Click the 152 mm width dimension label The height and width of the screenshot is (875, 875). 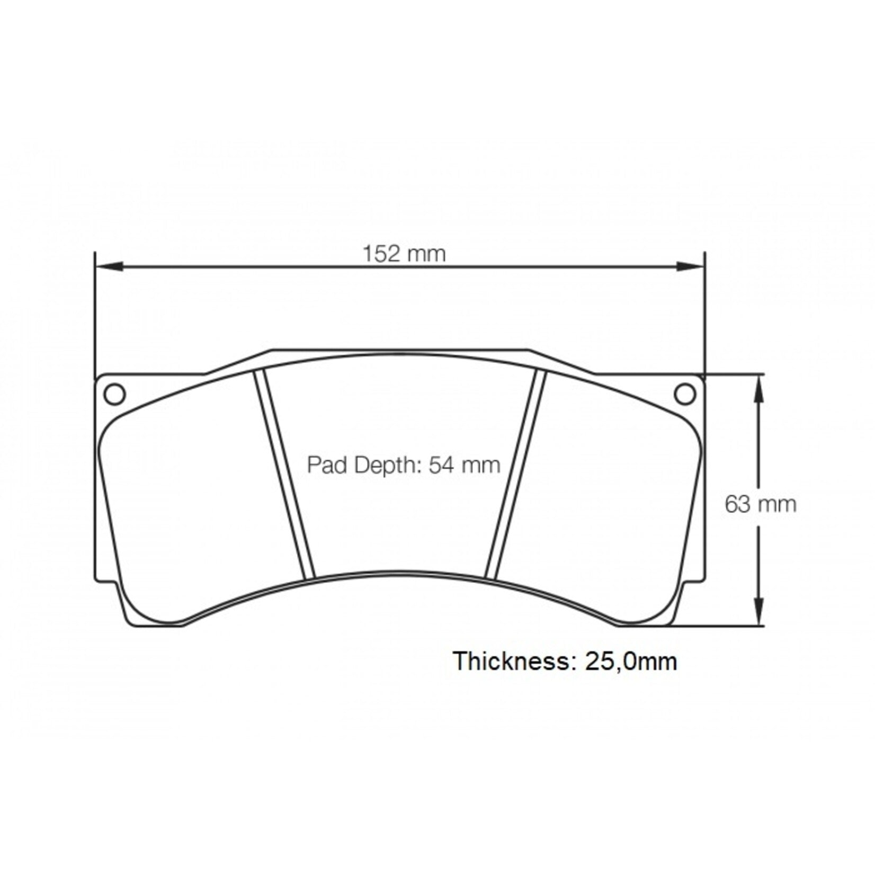click(404, 254)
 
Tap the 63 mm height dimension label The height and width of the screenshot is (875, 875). click(760, 504)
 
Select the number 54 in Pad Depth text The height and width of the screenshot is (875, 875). click(439, 465)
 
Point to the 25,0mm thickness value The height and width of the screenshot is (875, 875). click(631, 661)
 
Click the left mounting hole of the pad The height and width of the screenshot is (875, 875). click(115, 394)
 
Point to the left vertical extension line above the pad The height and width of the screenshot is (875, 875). click(94, 312)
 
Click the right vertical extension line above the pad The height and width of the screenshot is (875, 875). click(705, 312)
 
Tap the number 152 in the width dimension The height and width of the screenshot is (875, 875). click(380, 254)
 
